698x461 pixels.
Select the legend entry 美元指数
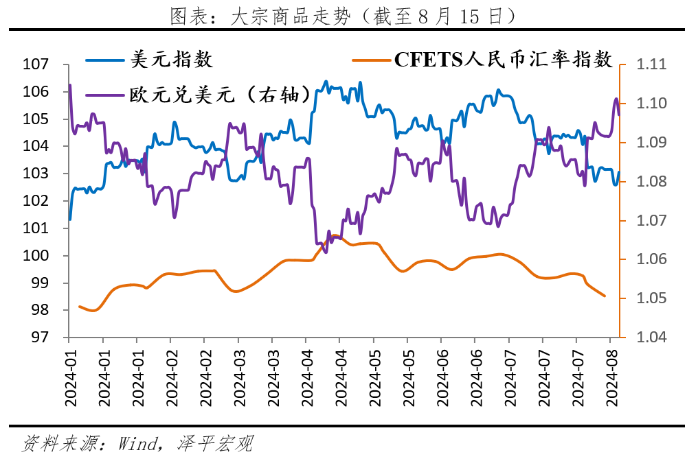tap(171, 60)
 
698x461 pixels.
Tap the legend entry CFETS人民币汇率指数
tap(503, 60)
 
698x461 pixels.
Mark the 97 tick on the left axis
tap(40, 338)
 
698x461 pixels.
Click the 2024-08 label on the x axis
tap(610, 377)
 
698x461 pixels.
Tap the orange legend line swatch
tap(371, 60)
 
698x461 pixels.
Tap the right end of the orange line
tap(605, 296)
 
